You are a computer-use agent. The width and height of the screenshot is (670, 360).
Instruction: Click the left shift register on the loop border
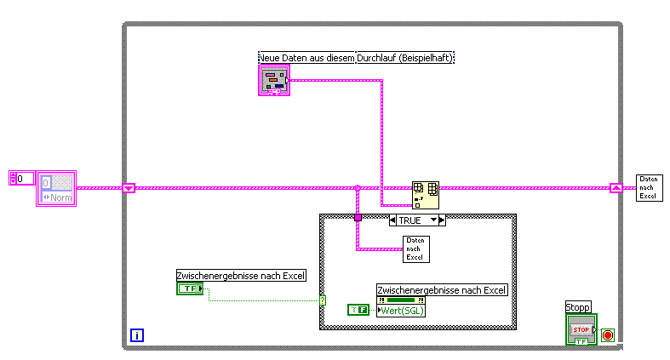point(129,188)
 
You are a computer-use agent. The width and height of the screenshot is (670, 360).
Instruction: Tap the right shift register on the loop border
point(616,188)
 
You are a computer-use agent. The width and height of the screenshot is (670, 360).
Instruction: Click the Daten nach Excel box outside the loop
point(649,187)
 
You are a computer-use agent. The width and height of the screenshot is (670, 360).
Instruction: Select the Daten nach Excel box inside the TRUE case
point(415,249)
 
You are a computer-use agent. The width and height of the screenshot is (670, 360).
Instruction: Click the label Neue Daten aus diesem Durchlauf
point(306,58)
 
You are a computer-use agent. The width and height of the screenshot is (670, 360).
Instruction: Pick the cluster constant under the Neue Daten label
point(274,80)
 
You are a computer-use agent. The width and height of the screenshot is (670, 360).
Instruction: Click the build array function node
point(425,195)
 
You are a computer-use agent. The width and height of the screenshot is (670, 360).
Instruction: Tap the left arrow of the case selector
point(392,220)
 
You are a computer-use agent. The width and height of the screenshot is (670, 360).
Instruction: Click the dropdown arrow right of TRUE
point(434,220)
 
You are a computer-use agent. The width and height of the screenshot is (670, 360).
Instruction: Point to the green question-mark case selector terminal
point(323,300)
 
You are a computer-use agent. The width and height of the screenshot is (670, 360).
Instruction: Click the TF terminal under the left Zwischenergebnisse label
point(188,289)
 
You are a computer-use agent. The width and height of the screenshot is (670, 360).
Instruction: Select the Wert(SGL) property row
point(401,311)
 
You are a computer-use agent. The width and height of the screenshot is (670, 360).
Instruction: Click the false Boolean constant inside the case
point(358,311)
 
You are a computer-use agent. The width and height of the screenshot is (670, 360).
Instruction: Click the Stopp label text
point(577,307)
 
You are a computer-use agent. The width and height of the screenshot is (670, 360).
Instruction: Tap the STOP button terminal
point(581,329)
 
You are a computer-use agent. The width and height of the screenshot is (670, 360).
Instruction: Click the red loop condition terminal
point(607,334)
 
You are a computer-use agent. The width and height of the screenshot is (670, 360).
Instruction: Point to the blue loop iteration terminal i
point(138,335)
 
